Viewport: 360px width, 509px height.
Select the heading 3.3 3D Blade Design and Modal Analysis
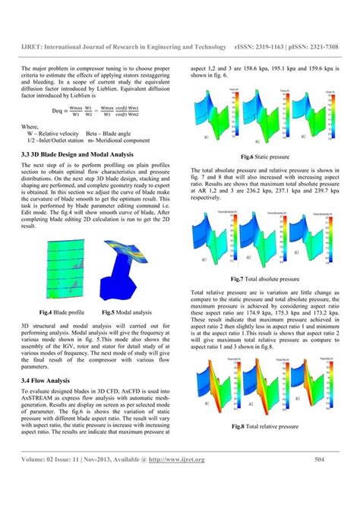[x=85, y=153]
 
